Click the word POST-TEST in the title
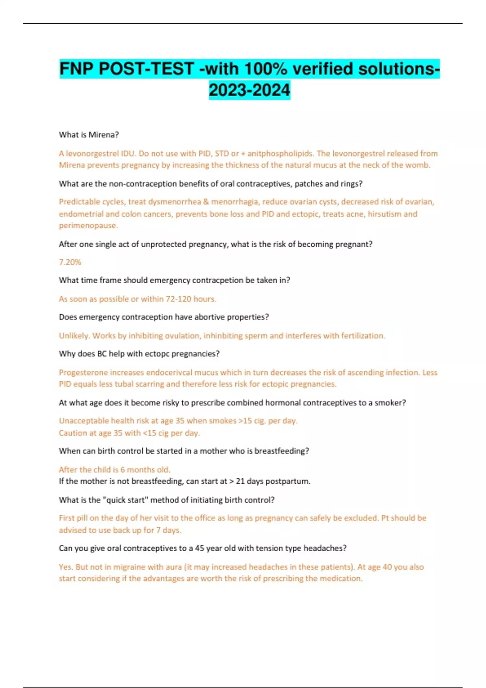point(146,69)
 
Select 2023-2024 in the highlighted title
point(249,90)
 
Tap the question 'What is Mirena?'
point(89,135)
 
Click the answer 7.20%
point(70,262)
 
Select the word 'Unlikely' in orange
point(74,336)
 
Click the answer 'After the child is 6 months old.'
point(115,469)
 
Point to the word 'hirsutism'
point(384,214)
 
